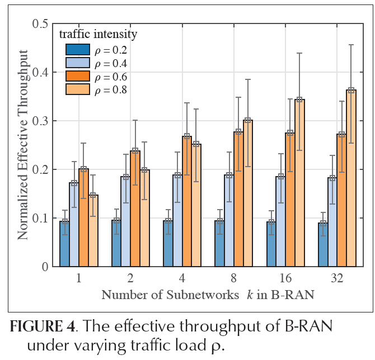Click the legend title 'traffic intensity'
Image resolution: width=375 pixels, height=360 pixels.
click(x=98, y=35)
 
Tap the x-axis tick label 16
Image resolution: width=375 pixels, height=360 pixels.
click(x=285, y=277)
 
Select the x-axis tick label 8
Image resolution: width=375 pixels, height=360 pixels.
click(x=234, y=277)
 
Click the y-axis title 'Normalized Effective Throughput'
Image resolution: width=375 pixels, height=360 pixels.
click(x=23, y=144)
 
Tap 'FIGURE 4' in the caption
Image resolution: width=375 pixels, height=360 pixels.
click(x=37, y=326)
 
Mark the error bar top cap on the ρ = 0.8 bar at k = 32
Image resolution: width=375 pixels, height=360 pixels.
click(x=351, y=45)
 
